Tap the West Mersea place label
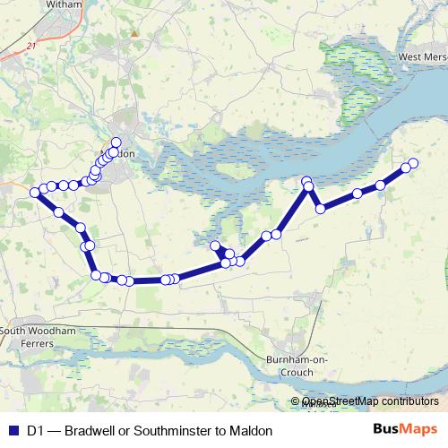[422, 57]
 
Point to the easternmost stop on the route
[413, 163]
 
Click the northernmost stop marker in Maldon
[116, 142]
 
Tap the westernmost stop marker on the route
[35, 192]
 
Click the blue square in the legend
[13, 430]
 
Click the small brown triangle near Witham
[134, 35]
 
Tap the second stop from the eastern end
[404, 167]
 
